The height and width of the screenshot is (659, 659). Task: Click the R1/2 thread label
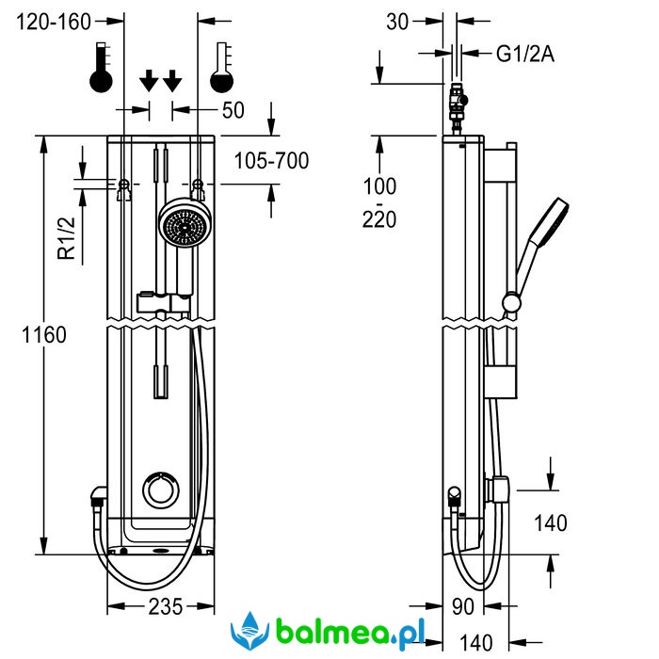(x=66, y=238)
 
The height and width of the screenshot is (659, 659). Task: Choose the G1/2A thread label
(x=524, y=55)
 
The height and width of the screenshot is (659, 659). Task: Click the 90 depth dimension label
(x=463, y=607)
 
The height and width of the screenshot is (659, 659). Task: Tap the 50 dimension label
(x=233, y=110)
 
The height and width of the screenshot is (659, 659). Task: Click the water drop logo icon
(x=250, y=628)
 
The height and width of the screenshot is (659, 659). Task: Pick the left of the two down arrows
(x=149, y=81)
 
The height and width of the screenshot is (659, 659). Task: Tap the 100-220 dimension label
(x=381, y=202)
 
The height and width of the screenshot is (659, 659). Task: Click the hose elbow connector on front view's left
(x=98, y=497)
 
